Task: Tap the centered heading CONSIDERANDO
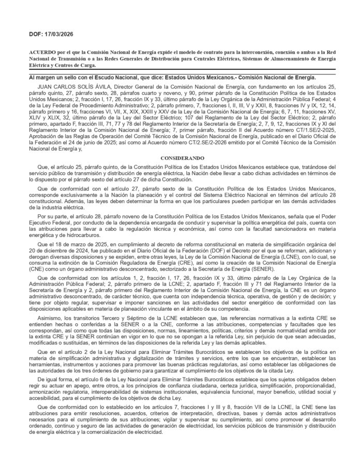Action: (x=179, y=158)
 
